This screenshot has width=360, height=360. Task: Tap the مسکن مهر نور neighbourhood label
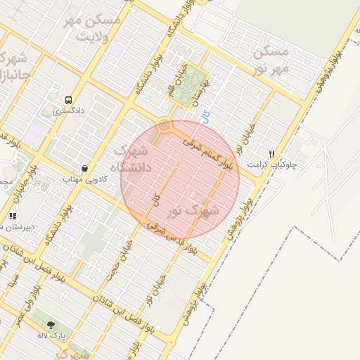tap(270, 61)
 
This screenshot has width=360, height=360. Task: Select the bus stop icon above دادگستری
tap(68, 100)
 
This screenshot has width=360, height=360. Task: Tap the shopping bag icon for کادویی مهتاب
tap(85, 169)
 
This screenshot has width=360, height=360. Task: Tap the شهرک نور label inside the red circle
tap(194, 210)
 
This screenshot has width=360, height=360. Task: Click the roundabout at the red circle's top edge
tap(165, 125)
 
